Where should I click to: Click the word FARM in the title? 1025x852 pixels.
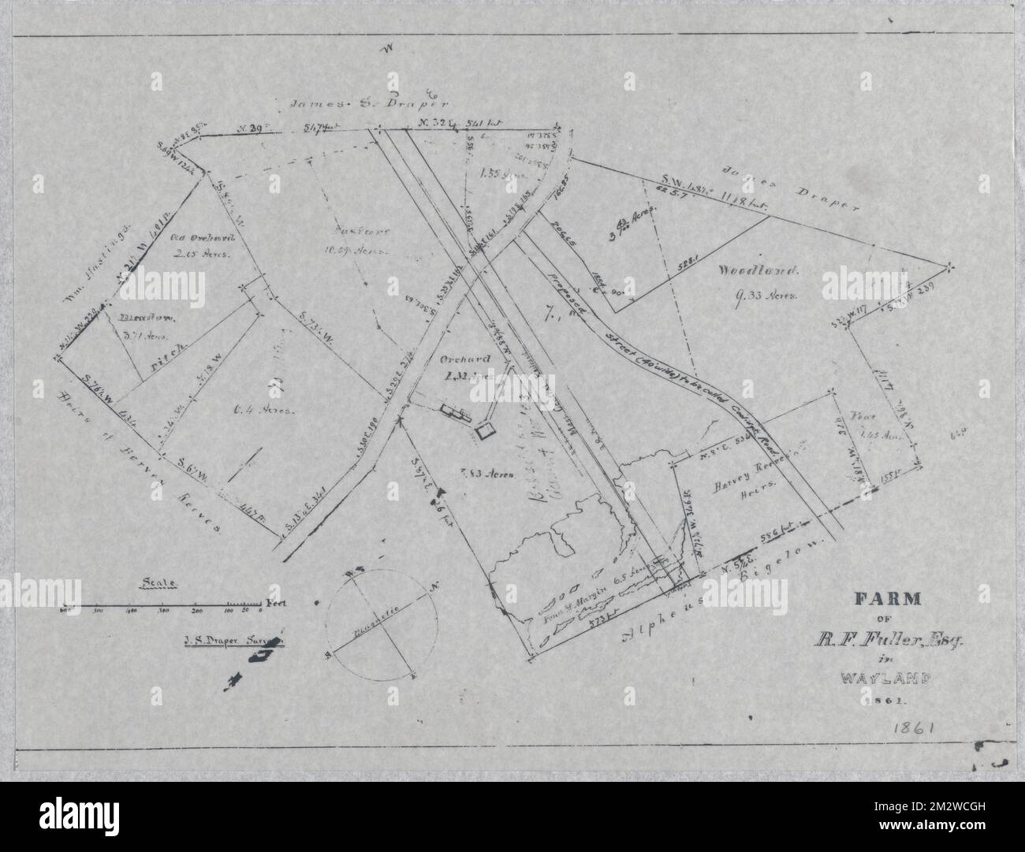point(889,597)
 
